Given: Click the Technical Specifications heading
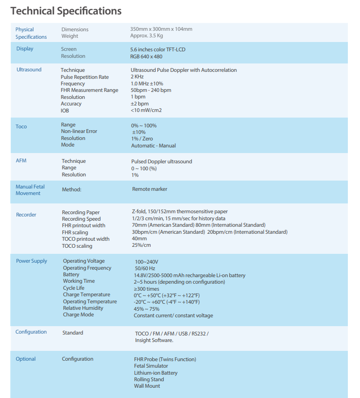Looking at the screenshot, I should (66, 11).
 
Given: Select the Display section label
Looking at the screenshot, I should (25, 49).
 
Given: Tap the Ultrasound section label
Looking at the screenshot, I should (29, 70).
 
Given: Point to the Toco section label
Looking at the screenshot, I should (21, 126).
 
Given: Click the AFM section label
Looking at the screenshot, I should (21, 160).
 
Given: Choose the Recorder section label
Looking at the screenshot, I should (26, 215).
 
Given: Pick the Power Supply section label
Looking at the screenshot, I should (32, 261).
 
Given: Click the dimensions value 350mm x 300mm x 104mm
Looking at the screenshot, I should (161, 29).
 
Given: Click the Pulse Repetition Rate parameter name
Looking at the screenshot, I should (85, 77).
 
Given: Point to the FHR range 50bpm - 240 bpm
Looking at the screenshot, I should (151, 90).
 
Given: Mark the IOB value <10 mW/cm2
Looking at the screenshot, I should (146, 110).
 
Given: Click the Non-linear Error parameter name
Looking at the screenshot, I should (79, 131).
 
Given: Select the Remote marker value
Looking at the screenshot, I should (150, 189).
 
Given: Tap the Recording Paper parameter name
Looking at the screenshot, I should (81, 212).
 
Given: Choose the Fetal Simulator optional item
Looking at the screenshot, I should (151, 366).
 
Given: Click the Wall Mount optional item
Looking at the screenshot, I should (147, 386).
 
